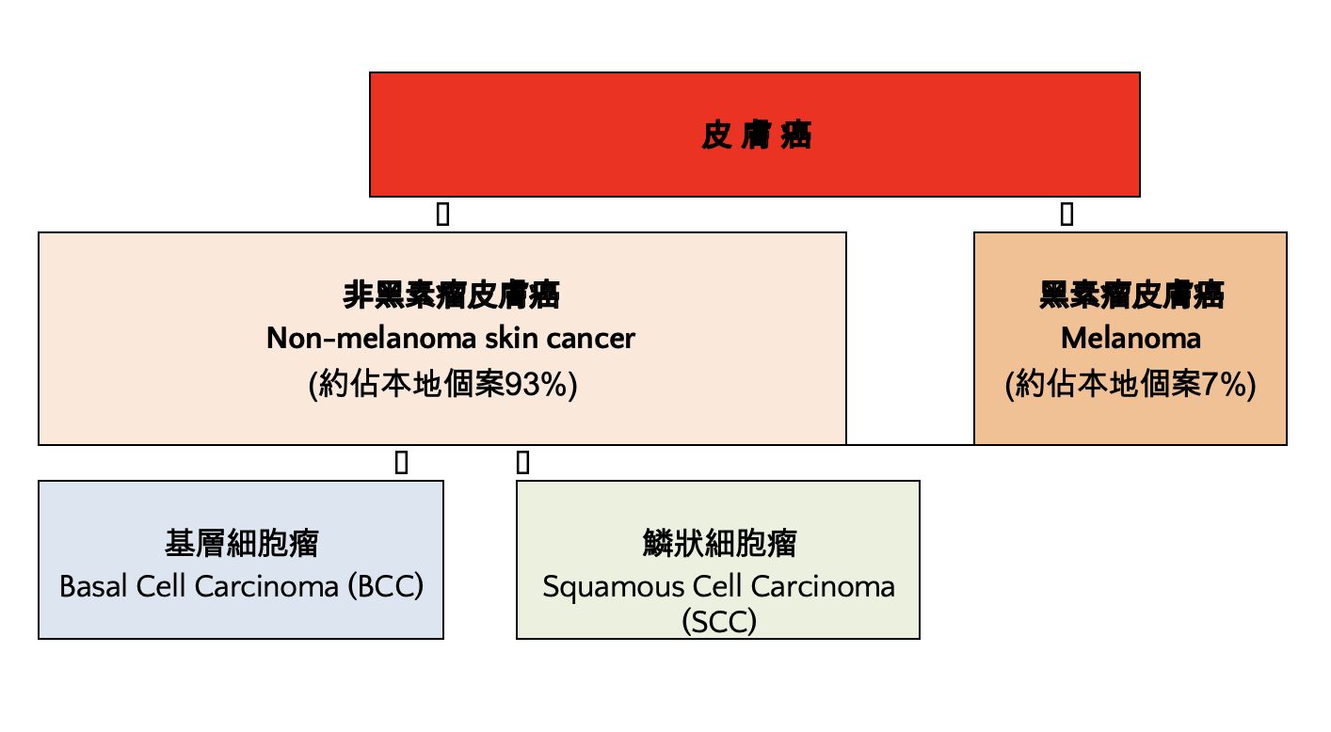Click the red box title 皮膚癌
[756, 135]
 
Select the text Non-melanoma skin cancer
[451, 338]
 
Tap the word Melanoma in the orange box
[1131, 338]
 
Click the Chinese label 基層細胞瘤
[241, 544]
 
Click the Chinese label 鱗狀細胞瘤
[718, 544]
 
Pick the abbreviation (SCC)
[718, 622]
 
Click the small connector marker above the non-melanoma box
[442, 215]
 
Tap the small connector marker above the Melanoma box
[1066, 215]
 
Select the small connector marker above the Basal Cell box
[401, 462]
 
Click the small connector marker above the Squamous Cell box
[523, 462]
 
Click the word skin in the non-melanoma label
[511, 338]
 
